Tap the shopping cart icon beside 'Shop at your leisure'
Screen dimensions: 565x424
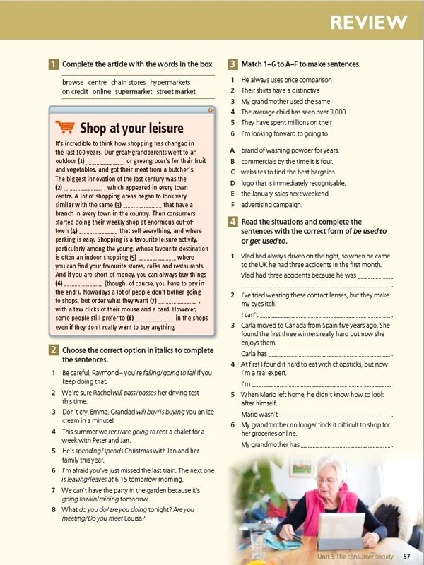[65, 127]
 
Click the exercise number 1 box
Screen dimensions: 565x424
[53, 64]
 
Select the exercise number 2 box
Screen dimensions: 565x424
[53, 350]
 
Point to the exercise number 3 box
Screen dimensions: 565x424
[232, 64]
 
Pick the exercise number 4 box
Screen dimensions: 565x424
[232, 222]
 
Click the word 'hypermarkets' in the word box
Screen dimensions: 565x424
[170, 83]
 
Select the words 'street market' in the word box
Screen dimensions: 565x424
[176, 91]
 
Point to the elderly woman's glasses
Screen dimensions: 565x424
[327, 481]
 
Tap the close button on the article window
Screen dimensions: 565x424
[210, 110]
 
